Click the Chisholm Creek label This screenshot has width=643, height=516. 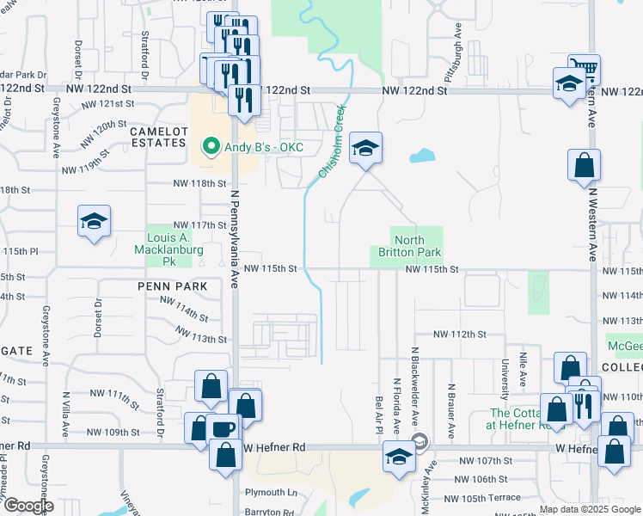[332, 142]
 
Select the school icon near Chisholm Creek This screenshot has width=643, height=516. [365, 148]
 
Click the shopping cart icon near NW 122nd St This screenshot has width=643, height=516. [585, 69]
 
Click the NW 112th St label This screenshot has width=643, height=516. [460, 334]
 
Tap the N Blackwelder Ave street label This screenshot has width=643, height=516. [414, 390]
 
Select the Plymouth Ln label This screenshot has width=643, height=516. [271, 493]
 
